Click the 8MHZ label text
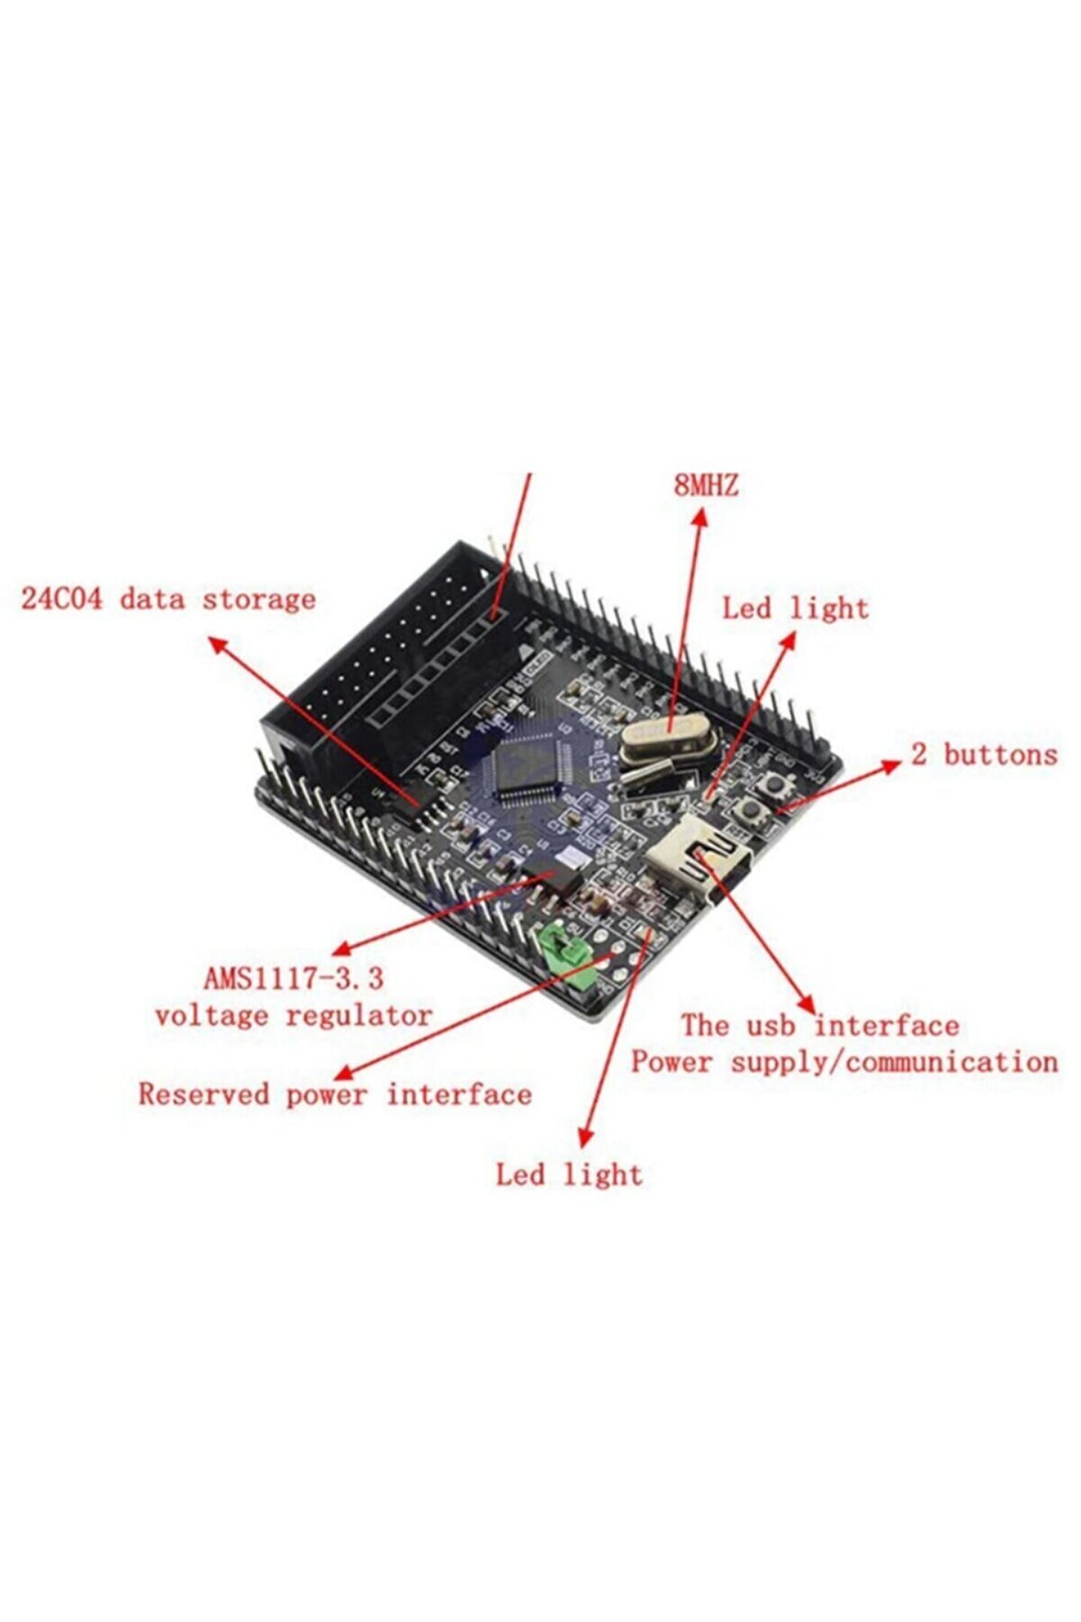(705, 485)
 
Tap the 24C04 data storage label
(168, 599)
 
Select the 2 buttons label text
(983, 754)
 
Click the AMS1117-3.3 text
(294, 978)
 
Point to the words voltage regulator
(294, 1015)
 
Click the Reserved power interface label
(335, 1094)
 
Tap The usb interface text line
(820, 1026)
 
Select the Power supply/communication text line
(844, 1062)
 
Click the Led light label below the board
(569, 1174)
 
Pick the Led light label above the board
(795, 607)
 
